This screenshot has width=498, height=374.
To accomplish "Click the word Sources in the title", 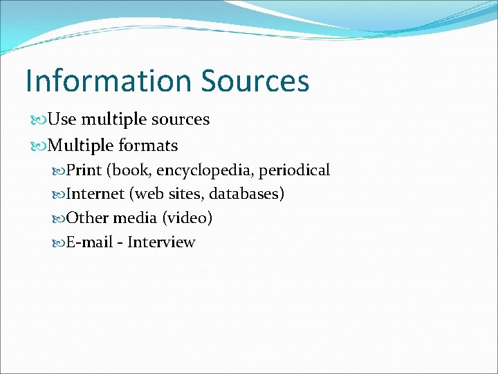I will click(x=255, y=80).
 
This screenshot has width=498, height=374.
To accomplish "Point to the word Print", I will click(x=84, y=170).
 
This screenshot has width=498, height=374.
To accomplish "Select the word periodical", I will click(x=294, y=170).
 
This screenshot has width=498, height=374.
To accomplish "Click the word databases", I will click(x=246, y=194).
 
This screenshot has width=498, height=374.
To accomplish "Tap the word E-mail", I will click(x=88, y=242).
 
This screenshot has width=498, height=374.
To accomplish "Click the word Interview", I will click(x=161, y=242).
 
